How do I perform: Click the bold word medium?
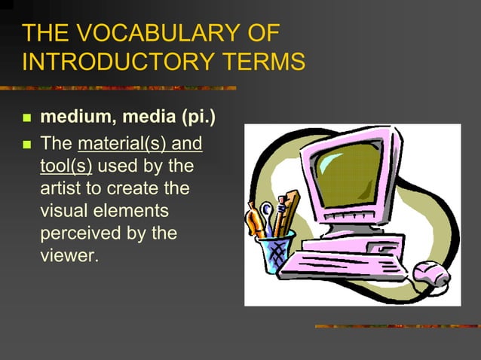point(72,119)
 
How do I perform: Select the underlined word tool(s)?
point(66,166)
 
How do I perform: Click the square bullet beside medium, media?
point(28,119)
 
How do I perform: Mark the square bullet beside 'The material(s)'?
point(28,143)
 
